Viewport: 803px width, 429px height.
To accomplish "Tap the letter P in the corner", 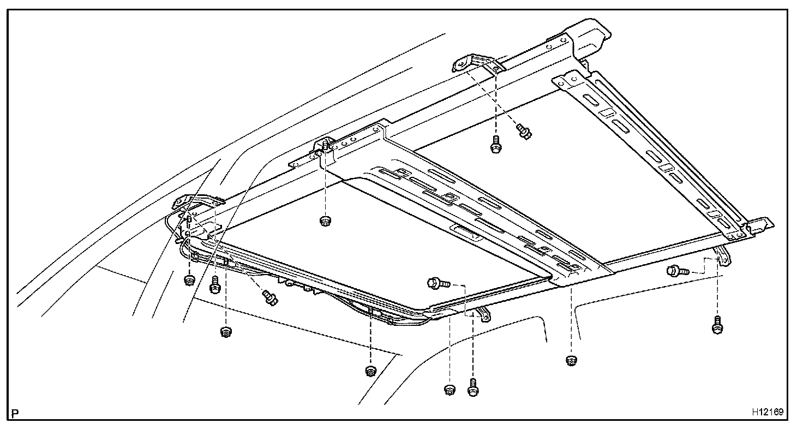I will [15, 413].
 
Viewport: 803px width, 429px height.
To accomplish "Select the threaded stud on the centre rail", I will [325, 147].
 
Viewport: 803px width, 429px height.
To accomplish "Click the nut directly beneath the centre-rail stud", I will [326, 221].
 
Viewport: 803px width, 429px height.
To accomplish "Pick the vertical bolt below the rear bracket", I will [495, 144].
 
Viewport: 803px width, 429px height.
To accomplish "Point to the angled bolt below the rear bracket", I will [524, 130].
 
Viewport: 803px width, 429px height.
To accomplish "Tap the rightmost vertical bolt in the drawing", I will [717, 324].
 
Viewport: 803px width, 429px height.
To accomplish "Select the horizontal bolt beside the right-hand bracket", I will [675, 270].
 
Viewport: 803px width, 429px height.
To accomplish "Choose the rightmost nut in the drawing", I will [571, 360].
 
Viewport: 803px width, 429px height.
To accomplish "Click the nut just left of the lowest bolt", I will [450, 390].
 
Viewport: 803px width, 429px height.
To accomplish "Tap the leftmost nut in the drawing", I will [189, 281].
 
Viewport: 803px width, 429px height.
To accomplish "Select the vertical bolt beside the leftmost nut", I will [214, 283].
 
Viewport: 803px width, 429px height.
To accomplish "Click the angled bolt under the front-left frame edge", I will [269, 297].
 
